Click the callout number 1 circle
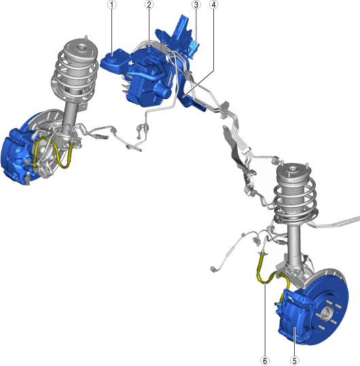point(112,5)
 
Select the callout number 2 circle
point(149,5)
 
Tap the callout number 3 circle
point(196,5)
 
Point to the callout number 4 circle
point(213,5)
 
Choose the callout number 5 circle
point(295,361)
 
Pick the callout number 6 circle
point(265,361)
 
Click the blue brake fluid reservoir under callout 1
point(114,61)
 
